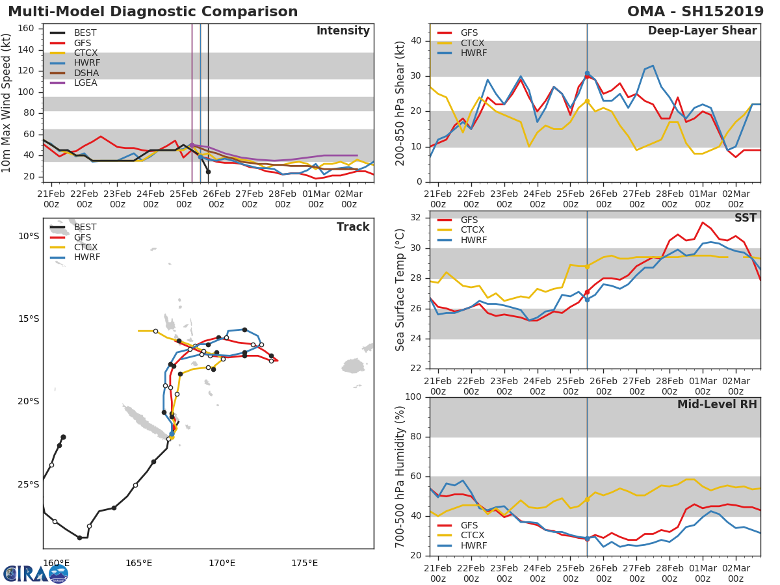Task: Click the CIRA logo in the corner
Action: (36, 573)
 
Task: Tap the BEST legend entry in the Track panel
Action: (85, 227)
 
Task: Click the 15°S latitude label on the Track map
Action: (29, 318)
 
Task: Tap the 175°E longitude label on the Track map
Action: (304, 563)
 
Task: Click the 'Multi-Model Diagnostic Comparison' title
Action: (153, 12)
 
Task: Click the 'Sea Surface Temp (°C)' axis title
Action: (400, 289)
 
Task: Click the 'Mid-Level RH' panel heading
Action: (717, 405)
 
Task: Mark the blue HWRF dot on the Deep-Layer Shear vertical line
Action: (587, 73)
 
